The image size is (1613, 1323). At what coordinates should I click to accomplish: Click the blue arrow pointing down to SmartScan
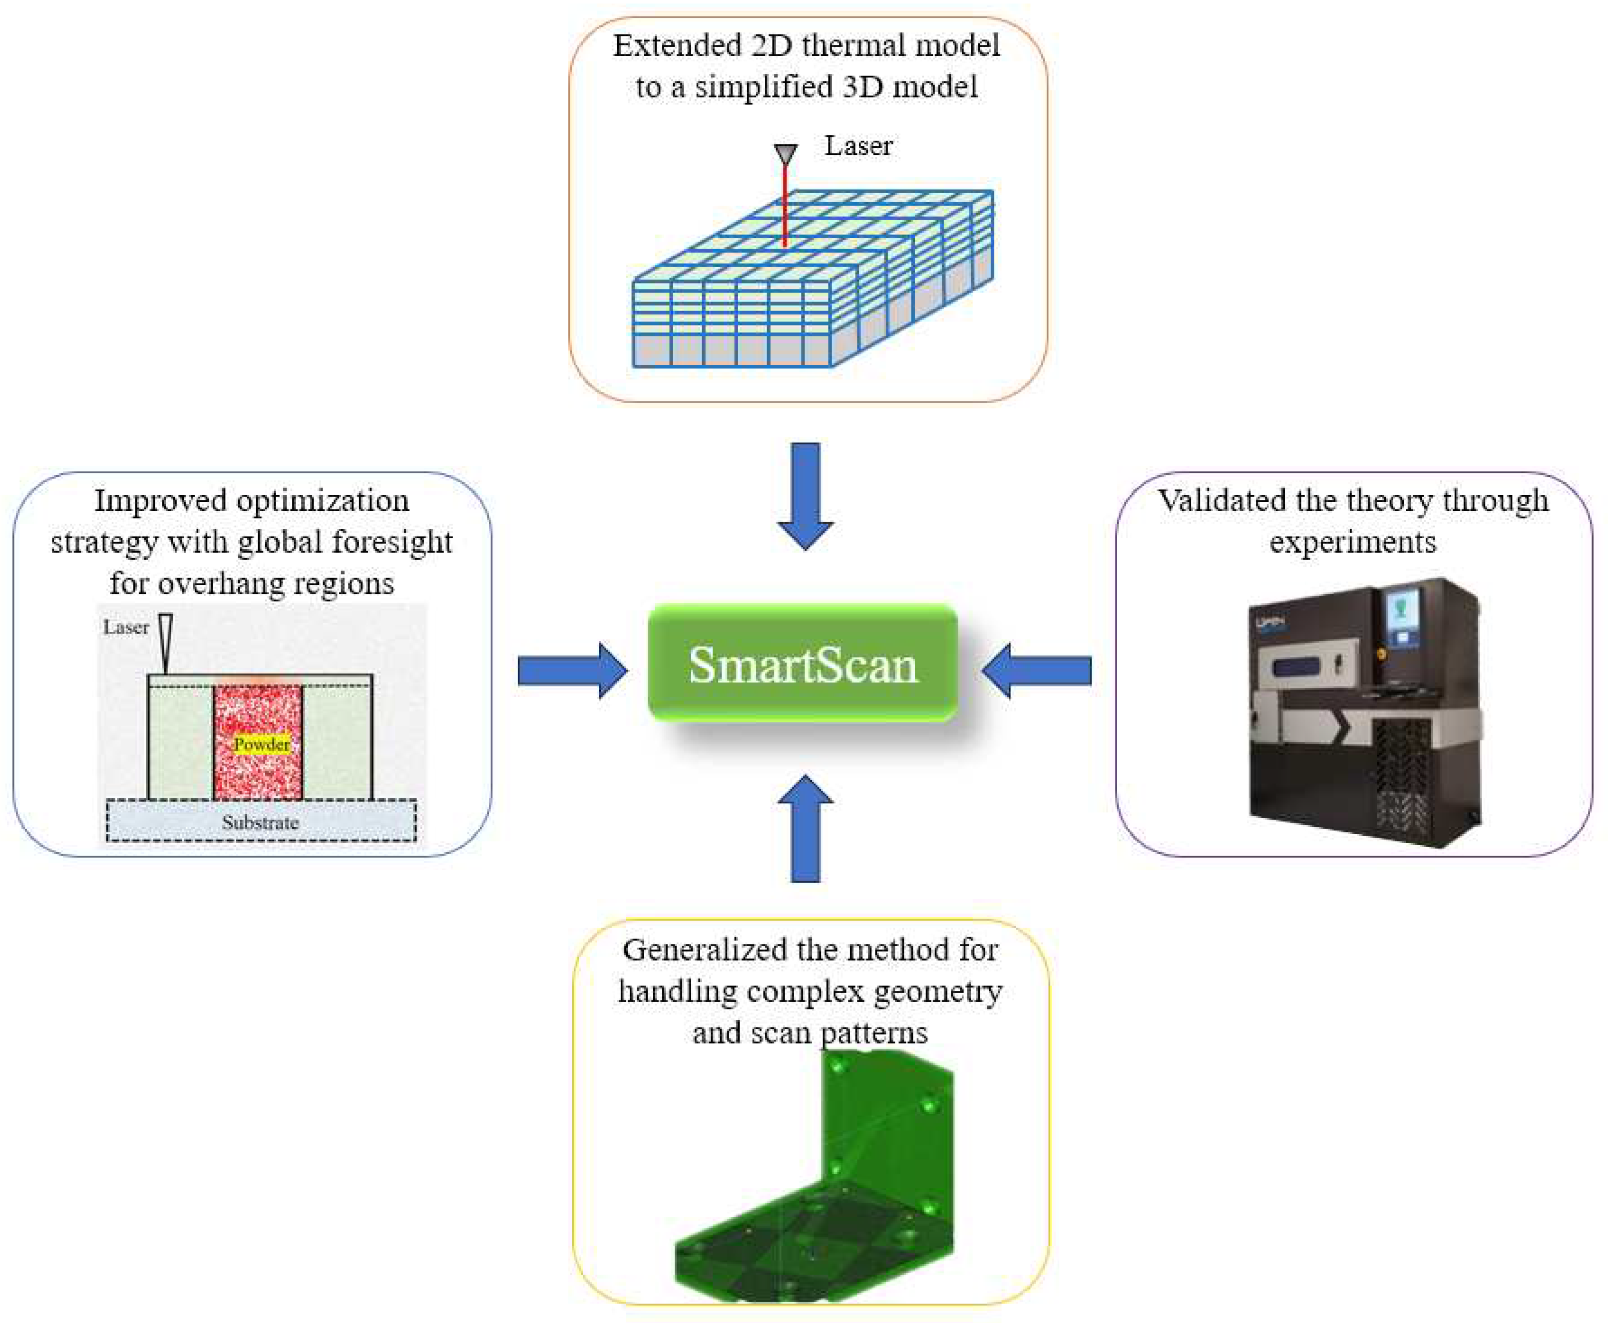point(805,495)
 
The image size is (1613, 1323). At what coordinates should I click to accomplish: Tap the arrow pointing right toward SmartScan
point(572,670)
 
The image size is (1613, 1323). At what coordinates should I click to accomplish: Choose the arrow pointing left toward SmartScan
point(1037,670)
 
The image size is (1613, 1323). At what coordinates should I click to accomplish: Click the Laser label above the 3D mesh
point(858,146)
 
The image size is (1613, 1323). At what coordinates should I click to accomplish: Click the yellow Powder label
point(262,744)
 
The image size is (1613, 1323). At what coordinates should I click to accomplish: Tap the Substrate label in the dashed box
point(260,822)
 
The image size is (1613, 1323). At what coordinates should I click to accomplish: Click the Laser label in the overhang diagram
point(126,627)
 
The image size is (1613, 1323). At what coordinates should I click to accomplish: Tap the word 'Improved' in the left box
point(160,501)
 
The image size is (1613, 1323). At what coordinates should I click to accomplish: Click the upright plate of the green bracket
point(888,1120)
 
